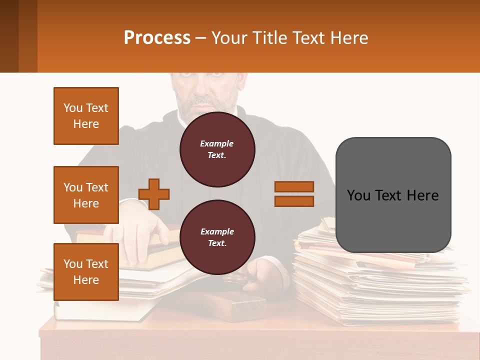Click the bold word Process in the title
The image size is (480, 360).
pyautogui.click(x=157, y=38)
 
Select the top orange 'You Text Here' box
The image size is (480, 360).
pyautogui.click(x=86, y=116)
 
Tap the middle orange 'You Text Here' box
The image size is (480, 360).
pyautogui.click(x=86, y=195)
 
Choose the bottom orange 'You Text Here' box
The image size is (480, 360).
pyautogui.click(x=86, y=271)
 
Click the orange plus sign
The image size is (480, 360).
pyautogui.click(x=154, y=194)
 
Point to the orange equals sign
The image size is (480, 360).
pyautogui.click(x=294, y=194)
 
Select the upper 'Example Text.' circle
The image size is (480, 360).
pyautogui.click(x=217, y=149)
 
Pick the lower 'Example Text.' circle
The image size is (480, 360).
pyautogui.click(x=217, y=237)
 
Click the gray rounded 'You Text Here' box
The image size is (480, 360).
pyautogui.click(x=393, y=195)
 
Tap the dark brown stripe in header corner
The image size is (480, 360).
pyautogui.click(x=9, y=36)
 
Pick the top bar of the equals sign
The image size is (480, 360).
pyautogui.click(x=294, y=187)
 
